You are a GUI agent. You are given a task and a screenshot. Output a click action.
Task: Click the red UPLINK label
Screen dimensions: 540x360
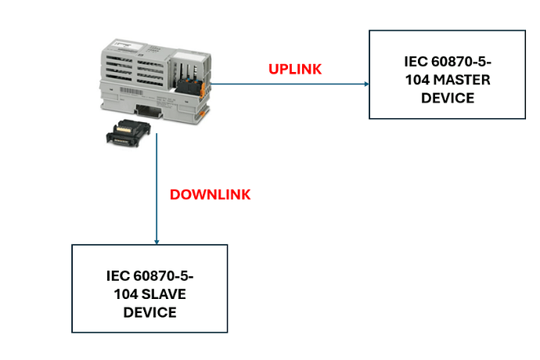click(295, 69)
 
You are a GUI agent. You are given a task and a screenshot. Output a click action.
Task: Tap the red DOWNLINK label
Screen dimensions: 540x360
click(210, 195)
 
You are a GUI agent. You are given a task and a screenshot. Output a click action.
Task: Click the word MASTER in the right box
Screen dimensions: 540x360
click(462, 80)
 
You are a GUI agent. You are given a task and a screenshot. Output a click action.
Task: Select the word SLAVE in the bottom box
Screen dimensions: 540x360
click(164, 294)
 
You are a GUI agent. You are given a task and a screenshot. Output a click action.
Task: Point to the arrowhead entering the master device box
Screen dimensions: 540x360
click(367, 84)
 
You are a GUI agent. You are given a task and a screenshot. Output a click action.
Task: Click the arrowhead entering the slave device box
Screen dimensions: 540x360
click(157, 242)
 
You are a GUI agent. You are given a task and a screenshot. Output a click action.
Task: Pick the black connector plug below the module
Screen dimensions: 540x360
click(128, 133)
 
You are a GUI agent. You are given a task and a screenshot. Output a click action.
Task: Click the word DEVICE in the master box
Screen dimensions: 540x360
click(448, 98)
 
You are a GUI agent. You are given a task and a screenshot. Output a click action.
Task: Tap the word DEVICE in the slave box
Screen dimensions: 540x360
click(149, 312)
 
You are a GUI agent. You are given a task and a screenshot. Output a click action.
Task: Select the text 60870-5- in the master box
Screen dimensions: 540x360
click(461, 62)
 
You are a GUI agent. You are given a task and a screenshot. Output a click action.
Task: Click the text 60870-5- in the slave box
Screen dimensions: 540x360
click(164, 276)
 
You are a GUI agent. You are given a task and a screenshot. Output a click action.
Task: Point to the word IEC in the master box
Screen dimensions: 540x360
click(416, 62)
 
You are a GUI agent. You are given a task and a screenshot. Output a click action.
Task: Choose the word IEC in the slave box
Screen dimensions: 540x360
click(117, 276)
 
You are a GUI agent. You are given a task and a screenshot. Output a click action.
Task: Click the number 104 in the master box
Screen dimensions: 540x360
click(417, 80)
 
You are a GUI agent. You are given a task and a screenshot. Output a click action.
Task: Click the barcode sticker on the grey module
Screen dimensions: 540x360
click(131, 92)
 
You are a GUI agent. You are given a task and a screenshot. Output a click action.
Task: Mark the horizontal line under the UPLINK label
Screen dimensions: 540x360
click(290, 84)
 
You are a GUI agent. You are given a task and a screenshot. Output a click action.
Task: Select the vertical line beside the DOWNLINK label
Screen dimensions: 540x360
click(157, 189)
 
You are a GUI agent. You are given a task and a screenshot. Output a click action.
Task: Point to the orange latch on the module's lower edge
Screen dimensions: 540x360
click(203, 113)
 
